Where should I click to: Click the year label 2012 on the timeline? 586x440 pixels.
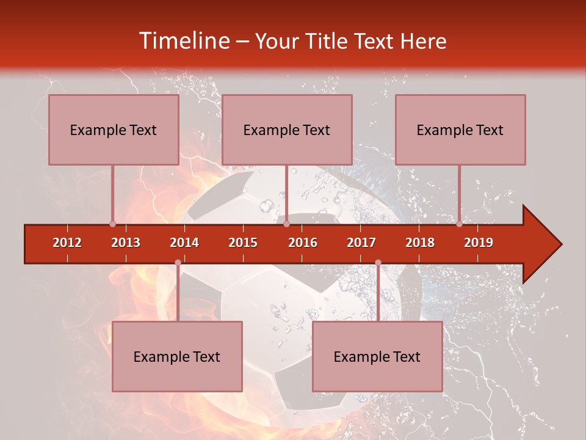click(67, 243)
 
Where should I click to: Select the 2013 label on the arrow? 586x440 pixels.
click(126, 243)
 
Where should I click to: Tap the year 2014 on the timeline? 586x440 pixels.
click(184, 243)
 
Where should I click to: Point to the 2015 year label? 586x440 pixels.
click(243, 243)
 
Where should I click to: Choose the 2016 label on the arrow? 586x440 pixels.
click(303, 243)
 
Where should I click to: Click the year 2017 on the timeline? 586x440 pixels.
click(361, 243)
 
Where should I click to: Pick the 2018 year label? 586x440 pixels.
click(420, 243)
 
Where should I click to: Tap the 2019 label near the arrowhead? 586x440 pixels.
click(479, 243)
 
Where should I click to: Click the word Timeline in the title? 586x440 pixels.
click(183, 41)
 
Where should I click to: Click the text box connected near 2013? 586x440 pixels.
click(114, 130)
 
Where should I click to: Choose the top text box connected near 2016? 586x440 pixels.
click(287, 130)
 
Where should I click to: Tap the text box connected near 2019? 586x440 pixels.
click(460, 130)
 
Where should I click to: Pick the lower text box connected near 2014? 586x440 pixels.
click(177, 356)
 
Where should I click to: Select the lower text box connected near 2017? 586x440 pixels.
click(377, 356)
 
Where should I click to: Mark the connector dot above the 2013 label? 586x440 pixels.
click(112, 224)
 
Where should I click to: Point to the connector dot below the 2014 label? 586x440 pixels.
click(178, 263)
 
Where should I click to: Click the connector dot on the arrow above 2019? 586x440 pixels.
click(459, 224)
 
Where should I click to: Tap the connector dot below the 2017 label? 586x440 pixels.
click(378, 263)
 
